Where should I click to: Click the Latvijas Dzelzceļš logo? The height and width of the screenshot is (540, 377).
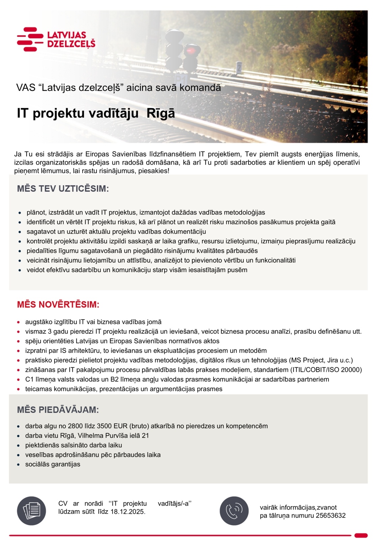coord(56,39)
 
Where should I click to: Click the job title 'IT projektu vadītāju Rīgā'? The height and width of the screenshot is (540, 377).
coord(96,113)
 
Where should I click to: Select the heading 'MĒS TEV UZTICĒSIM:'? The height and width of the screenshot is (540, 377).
coord(63,188)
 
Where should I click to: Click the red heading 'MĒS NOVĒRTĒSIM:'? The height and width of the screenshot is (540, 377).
coord(58,304)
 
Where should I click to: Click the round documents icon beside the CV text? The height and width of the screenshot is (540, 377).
coord(31,511)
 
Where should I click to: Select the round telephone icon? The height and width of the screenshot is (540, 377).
coord(234,511)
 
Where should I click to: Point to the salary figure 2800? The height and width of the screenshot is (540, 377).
coord(75,426)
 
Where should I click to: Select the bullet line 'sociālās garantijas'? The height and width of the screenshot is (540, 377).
coord(53,464)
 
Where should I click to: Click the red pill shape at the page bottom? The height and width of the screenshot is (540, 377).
coord(361,535)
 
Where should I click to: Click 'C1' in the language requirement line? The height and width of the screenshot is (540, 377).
coord(29,379)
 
